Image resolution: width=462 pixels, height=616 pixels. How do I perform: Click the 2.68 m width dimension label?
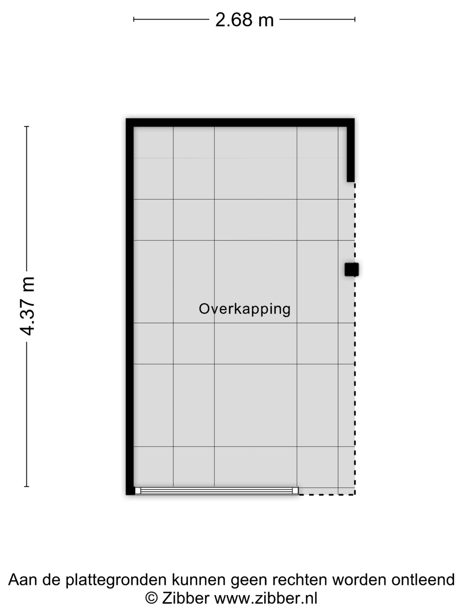(244, 20)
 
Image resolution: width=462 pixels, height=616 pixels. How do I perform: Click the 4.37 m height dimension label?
(27, 306)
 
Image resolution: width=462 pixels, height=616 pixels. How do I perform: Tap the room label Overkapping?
(244, 309)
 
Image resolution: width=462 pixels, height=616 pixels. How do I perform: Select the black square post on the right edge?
(351, 269)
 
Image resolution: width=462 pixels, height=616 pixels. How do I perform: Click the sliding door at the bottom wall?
(216, 490)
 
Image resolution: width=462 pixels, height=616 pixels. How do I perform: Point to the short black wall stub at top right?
(351, 154)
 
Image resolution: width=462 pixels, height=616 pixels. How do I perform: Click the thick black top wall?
(240, 123)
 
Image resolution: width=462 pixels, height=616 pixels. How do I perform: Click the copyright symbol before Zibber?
(152, 598)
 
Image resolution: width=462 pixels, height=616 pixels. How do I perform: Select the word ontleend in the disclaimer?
(423, 580)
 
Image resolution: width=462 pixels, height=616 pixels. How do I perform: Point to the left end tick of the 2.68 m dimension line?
(134, 20)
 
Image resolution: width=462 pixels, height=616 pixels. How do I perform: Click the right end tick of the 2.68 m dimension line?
(355, 20)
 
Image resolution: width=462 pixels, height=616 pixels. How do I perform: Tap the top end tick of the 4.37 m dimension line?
(27, 126)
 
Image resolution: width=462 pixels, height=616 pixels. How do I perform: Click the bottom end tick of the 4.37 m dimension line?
(27, 486)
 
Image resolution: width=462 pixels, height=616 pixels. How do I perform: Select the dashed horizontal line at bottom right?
(327, 495)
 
